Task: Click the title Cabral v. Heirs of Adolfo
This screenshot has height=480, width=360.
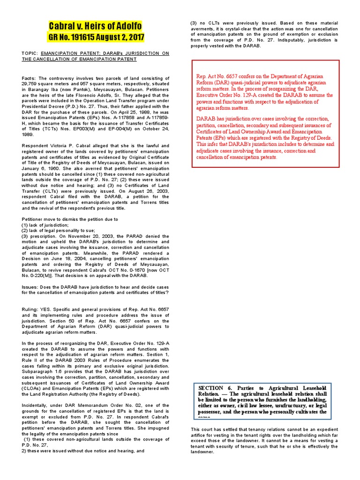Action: click(x=95, y=26)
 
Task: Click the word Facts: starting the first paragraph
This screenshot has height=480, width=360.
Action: click(x=30, y=78)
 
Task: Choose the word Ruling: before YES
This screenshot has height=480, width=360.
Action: click(x=32, y=309)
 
